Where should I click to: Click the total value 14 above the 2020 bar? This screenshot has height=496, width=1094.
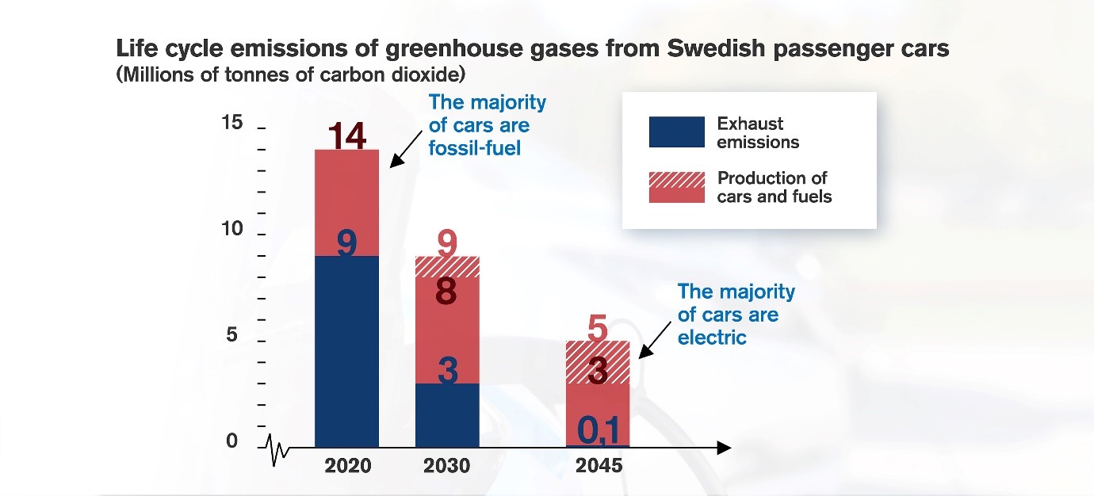(x=347, y=135)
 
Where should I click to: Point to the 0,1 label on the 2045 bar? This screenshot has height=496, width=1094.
(x=597, y=429)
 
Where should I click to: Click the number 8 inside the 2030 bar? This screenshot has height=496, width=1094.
(x=447, y=292)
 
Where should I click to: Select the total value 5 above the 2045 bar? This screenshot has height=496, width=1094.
(x=597, y=326)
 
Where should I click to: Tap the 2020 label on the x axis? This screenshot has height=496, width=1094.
(x=347, y=466)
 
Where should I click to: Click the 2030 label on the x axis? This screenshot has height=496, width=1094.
(x=447, y=466)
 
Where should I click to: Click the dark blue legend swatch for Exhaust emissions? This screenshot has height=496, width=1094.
(x=676, y=132)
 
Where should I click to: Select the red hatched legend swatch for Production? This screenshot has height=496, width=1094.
(x=676, y=187)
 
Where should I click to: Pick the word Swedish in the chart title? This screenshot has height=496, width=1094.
(x=720, y=48)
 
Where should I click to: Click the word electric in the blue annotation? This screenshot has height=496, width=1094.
(x=712, y=337)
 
